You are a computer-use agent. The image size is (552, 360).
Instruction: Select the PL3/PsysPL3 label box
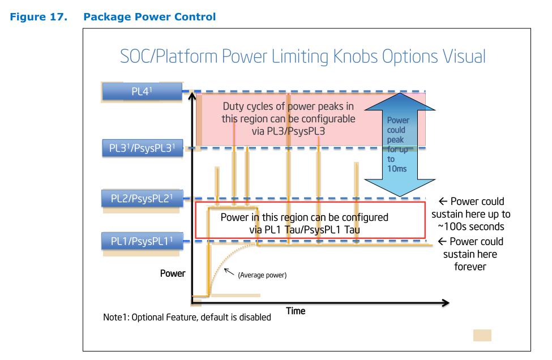click(142, 149)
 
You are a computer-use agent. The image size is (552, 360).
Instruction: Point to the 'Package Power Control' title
click(149, 17)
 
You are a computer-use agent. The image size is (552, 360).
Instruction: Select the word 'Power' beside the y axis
click(172, 273)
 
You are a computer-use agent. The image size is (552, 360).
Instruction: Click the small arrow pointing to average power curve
click(230, 272)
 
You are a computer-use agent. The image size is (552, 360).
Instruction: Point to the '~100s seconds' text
click(472, 226)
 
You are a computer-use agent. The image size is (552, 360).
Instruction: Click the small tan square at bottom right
click(482, 335)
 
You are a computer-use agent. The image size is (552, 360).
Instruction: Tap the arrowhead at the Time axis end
click(445, 303)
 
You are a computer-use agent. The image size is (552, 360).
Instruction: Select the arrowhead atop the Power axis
click(193, 96)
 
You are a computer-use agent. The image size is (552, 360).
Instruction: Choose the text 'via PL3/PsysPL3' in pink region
click(289, 130)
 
